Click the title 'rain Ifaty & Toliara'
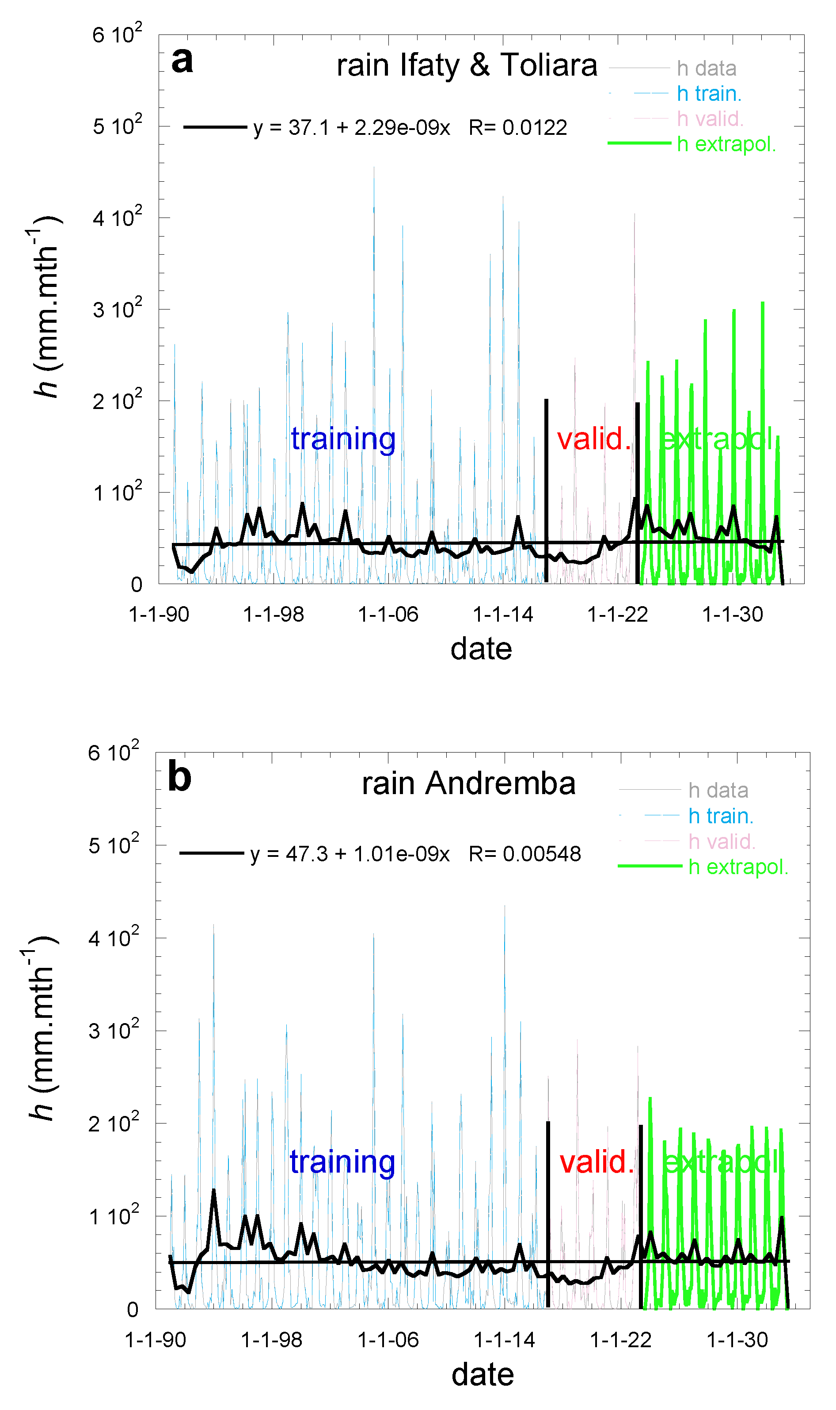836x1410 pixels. click(x=467, y=65)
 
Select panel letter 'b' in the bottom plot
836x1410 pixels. click(x=180, y=778)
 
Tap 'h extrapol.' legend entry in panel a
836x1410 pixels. click(x=726, y=144)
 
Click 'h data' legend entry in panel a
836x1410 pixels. click(x=707, y=69)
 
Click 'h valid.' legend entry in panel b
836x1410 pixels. click(x=722, y=841)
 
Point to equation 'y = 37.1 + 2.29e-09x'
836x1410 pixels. click(x=352, y=128)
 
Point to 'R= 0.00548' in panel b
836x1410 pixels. click(x=524, y=854)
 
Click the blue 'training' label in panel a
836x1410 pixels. click(x=343, y=439)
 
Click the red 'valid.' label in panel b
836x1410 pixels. click(x=597, y=1162)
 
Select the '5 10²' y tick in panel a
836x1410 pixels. click(x=117, y=125)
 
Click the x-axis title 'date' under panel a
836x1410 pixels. click(x=481, y=649)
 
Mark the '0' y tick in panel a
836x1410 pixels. click(x=137, y=585)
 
